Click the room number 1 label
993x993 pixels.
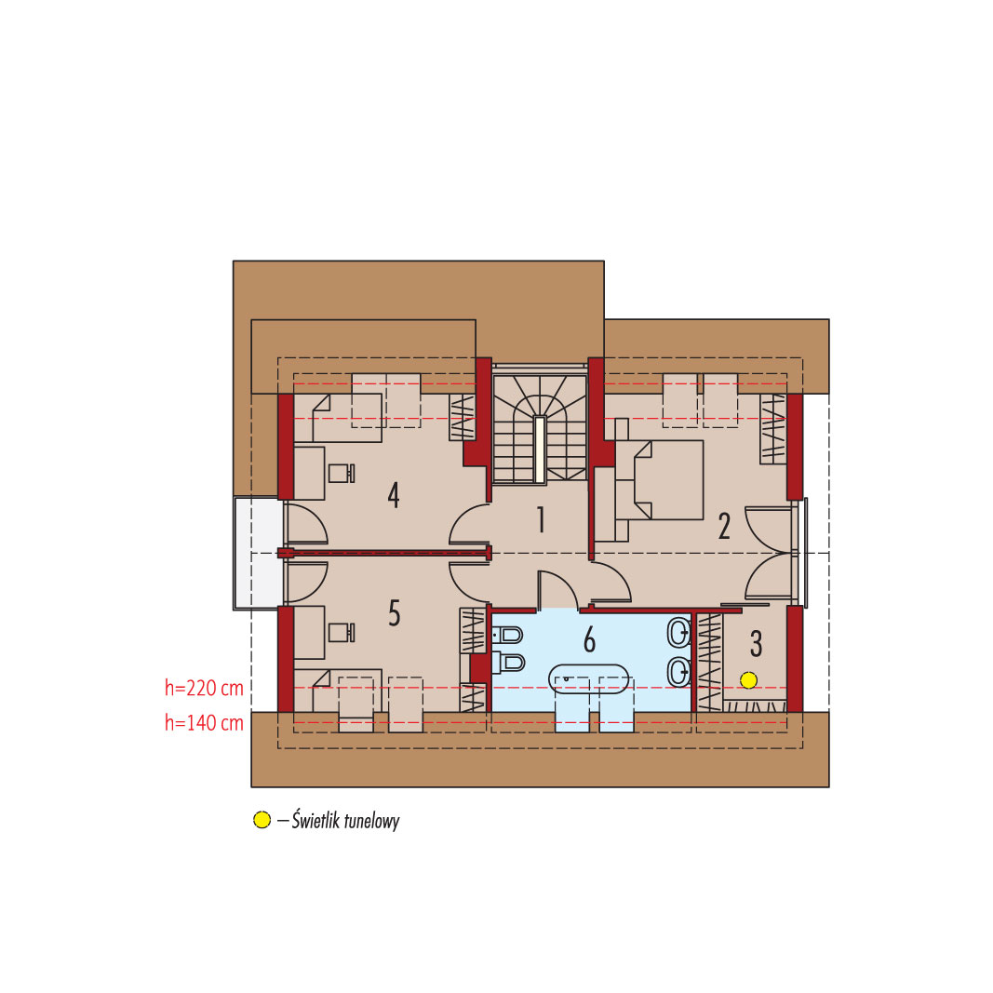(x=541, y=519)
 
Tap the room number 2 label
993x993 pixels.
(x=724, y=526)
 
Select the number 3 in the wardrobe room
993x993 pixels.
(x=756, y=643)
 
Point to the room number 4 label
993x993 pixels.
(x=394, y=495)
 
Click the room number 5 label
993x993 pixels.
(x=394, y=613)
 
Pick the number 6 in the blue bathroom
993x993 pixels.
(x=590, y=639)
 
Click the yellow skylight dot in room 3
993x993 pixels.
(x=748, y=680)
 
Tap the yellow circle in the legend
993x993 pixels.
(x=262, y=820)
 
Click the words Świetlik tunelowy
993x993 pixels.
(x=346, y=821)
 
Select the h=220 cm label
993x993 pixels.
(x=204, y=688)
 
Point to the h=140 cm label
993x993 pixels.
(x=204, y=722)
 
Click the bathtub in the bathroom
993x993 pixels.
(x=589, y=678)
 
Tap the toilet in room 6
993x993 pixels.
(x=508, y=634)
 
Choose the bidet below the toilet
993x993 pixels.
(x=509, y=662)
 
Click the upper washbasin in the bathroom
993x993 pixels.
(x=678, y=632)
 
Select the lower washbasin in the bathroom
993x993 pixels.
(x=678, y=672)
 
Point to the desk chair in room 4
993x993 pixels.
(x=342, y=473)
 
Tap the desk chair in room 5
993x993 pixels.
(x=342, y=632)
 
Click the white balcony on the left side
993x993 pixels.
(x=259, y=553)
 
